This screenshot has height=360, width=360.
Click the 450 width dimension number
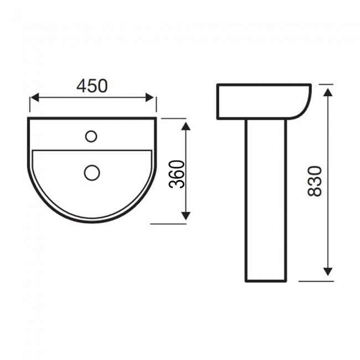pyautogui.click(x=92, y=86)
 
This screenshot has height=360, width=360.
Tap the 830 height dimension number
pyautogui.click(x=314, y=181)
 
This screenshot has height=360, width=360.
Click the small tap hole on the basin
pyautogui.click(x=91, y=135)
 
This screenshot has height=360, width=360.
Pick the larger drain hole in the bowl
pyautogui.click(x=91, y=173)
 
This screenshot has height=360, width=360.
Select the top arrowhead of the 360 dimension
pyautogui.click(x=186, y=126)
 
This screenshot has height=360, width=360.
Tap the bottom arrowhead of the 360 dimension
pyautogui.click(x=186, y=216)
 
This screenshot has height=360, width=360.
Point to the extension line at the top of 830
pyautogui.click(x=324, y=85)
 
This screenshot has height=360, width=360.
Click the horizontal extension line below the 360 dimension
pyautogui.click(x=169, y=224)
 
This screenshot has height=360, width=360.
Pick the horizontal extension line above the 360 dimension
pyautogui.click(x=173, y=118)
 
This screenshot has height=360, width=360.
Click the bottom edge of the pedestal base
pyautogui.click(x=266, y=281)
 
